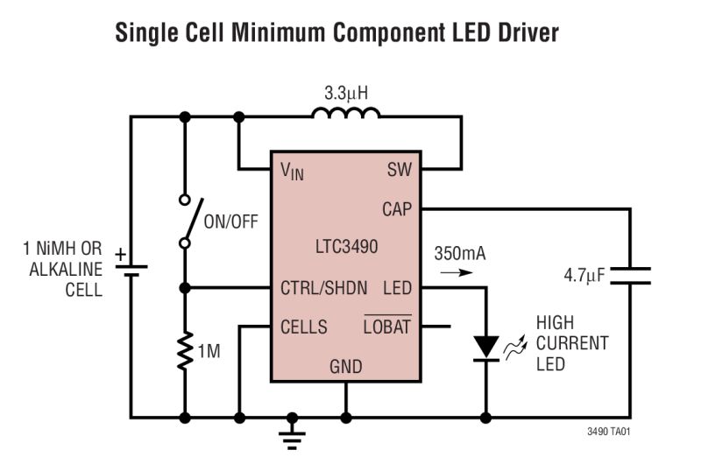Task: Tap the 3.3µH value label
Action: click(347, 90)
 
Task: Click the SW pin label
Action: click(399, 170)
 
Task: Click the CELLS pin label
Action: click(303, 327)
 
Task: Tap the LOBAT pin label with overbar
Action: click(386, 327)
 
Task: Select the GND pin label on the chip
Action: click(345, 366)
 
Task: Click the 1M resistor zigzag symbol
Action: click(185, 350)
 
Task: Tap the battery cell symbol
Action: click(131, 266)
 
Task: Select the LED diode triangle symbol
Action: click(485, 347)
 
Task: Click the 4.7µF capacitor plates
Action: click(629, 276)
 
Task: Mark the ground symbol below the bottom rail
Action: click(293, 434)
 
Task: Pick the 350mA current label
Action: click(459, 254)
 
